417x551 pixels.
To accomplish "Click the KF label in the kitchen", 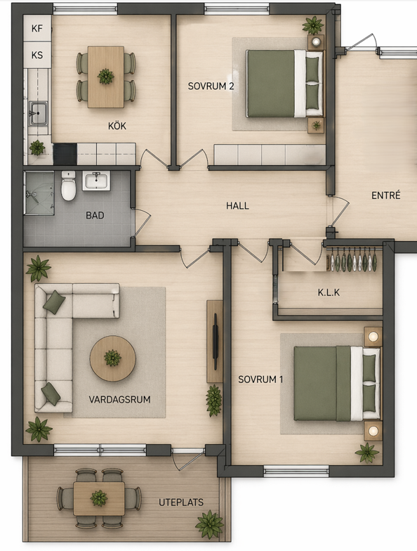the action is pyautogui.click(x=37, y=28).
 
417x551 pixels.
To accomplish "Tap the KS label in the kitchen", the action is pyautogui.click(x=37, y=55).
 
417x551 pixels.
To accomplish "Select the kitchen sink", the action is pyautogui.click(x=38, y=113).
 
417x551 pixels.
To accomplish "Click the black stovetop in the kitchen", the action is pyautogui.click(x=65, y=153).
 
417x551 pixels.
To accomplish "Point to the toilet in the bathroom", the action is pyautogui.click(x=68, y=186).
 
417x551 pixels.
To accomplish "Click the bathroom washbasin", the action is pyautogui.click(x=96, y=181).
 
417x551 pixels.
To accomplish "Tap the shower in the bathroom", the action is pyautogui.click(x=39, y=193).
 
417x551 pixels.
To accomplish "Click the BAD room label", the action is pyautogui.click(x=95, y=215).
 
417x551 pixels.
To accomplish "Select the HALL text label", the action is pyautogui.click(x=237, y=205).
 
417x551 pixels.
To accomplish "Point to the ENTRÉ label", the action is pyautogui.click(x=386, y=195).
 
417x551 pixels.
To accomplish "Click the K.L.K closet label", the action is pyautogui.click(x=329, y=292).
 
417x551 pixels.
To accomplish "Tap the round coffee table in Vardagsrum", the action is pyautogui.click(x=112, y=358).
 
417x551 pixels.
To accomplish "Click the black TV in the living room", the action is pyautogui.click(x=216, y=342).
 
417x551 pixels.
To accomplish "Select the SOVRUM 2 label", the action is pyautogui.click(x=211, y=86).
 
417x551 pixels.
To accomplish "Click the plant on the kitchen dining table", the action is pyautogui.click(x=105, y=76).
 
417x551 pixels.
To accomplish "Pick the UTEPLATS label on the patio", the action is pyautogui.click(x=181, y=502).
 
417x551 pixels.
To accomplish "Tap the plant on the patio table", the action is pyautogui.click(x=98, y=498).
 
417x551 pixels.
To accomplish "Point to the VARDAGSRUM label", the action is pyautogui.click(x=119, y=399).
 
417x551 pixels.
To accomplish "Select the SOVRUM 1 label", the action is pyautogui.click(x=260, y=380).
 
